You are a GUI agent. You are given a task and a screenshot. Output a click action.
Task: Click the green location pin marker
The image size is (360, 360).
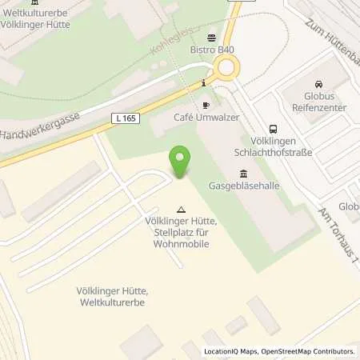[180, 162]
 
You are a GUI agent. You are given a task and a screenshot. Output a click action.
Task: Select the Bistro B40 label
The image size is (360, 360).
[214, 50]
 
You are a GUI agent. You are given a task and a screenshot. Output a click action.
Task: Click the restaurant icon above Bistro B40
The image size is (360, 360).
[211, 37]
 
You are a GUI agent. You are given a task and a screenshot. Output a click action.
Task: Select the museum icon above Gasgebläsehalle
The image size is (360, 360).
[242, 174]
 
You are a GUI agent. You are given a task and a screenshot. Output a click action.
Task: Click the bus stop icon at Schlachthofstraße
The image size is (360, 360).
[274, 128]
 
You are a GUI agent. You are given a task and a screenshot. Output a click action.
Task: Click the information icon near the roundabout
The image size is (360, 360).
[205, 82]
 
